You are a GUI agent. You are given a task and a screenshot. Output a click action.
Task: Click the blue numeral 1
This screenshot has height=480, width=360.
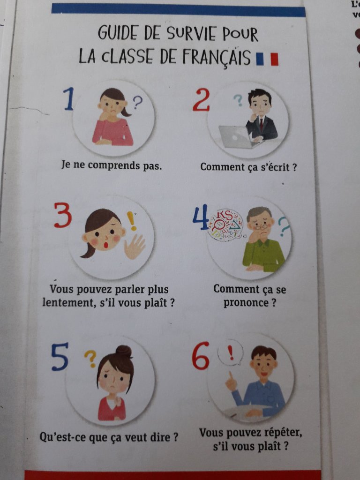click(69, 98)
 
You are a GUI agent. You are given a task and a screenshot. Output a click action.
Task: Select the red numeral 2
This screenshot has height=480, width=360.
click(201, 99)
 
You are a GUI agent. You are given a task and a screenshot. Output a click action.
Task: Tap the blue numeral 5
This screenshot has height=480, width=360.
click(60, 357)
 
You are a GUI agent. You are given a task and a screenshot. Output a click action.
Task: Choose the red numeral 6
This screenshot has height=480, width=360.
click(201, 356)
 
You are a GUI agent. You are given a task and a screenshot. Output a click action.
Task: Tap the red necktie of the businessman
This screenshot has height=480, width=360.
click(262, 124)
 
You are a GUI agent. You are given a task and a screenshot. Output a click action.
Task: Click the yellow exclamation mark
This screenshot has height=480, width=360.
click(132, 221)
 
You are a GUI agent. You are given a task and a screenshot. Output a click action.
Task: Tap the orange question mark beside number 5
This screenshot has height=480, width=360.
click(90, 358)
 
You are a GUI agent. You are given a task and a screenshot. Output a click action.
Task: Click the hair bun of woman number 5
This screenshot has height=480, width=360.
click(124, 351)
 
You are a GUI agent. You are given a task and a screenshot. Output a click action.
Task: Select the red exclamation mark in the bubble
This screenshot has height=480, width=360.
click(231, 352)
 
